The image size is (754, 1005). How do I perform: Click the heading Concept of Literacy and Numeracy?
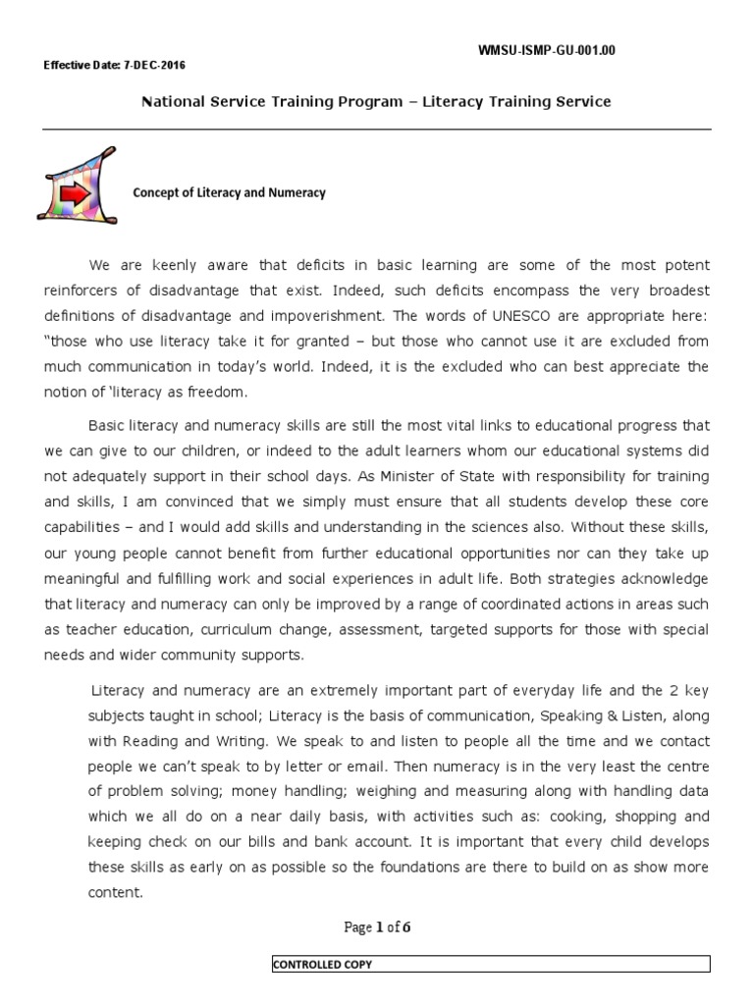229,193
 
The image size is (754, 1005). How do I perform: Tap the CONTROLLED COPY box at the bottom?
490,965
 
